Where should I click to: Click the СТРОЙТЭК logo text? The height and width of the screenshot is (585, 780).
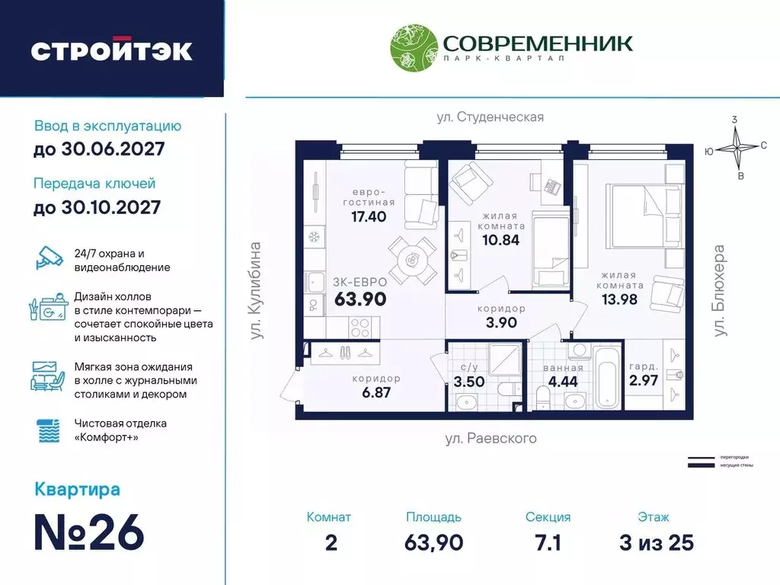pos(112,50)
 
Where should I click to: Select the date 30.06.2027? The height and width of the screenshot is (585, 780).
pos(99,149)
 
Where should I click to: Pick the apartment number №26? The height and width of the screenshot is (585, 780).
pos(89,534)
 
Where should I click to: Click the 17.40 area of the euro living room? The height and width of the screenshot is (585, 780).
pos(369,216)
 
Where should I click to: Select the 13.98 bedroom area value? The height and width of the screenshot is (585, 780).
pos(620,299)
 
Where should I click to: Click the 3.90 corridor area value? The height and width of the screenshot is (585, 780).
pos(502,323)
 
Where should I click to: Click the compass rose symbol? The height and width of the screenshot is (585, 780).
pos(737,148)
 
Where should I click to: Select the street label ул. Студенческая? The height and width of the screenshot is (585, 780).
pos(490,117)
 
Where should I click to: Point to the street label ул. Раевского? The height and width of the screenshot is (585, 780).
pos(490,439)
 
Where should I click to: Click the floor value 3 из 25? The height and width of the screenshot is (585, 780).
pos(656,542)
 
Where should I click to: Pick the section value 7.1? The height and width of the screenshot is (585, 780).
pos(548,542)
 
